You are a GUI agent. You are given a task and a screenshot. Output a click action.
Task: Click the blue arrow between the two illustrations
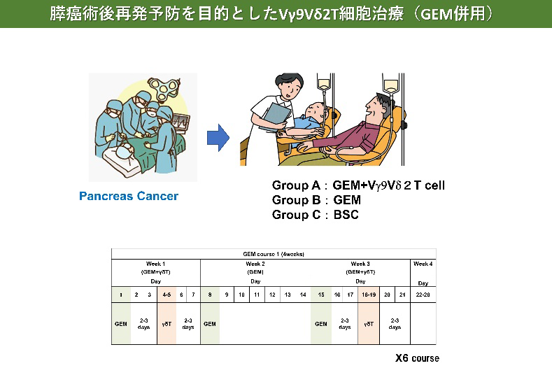pyautogui.click(x=218, y=138)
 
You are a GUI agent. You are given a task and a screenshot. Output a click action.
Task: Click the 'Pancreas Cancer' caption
pyautogui.click(x=128, y=196)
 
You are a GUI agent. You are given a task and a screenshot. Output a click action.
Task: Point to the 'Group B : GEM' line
pyautogui.click(x=316, y=200)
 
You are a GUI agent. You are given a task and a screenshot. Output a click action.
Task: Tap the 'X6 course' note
pyautogui.click(x=417, y=358)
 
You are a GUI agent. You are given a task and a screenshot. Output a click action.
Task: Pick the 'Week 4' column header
pyautogui.click(x=423, y=264)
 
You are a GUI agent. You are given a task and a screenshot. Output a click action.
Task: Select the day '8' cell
pyautogui.click(x=210, y=295)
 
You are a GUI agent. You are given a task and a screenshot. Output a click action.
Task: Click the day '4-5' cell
pyautogui.click(x=167, y=295)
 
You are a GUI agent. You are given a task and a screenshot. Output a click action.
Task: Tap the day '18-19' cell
pyautogui.click(x=369, y=295)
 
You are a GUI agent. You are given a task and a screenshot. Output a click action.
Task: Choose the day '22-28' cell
pyautogui.click(x=423, y=295)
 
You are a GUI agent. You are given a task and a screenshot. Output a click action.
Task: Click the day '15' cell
pyautogui.click(x=320, y=295)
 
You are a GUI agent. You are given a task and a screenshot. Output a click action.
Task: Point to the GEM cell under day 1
pyautogui.click(x=120, y=324)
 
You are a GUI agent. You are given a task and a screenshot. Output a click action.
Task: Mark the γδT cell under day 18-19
pyautogui.click(x=369, y=324)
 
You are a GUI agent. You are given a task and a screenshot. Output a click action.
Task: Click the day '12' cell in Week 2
pyautogui.click(x=272, y=295)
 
